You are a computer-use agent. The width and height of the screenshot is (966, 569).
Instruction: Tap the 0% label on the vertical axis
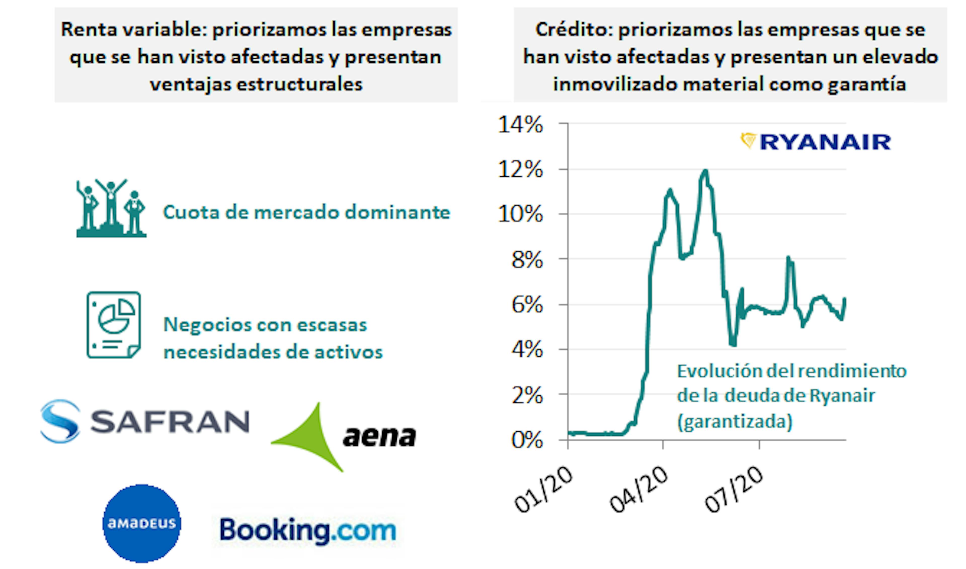[x=527, y=440]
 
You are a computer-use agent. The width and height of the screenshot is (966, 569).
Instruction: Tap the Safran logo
[x=145, y=421]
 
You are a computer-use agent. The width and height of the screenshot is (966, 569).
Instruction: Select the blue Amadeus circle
[x=142, y=523]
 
